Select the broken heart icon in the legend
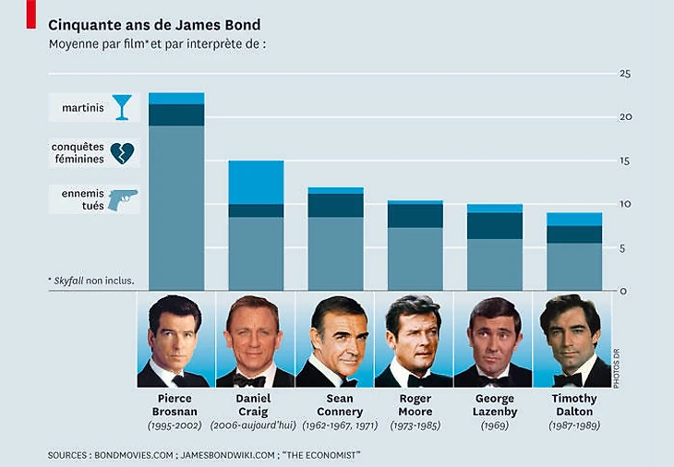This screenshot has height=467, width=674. [122, 153]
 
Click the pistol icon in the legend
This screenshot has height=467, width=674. [122, 199]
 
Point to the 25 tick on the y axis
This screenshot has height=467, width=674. [624, 74]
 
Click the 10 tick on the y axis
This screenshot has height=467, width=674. [624, 204]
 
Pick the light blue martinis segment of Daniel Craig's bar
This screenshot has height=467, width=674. [256, 182]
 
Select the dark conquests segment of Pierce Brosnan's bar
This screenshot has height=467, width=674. [176, 114]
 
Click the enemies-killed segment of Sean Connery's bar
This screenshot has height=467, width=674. [335, 253]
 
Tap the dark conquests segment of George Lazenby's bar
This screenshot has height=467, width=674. [494, 225]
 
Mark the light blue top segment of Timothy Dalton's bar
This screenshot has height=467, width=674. [573, 219]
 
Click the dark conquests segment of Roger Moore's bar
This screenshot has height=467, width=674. [415, 215]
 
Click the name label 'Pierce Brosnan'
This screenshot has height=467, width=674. [176, 404]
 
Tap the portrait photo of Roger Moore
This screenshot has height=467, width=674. [415, 340]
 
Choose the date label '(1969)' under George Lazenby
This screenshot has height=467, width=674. [494, 425]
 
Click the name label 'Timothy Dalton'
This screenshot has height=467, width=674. [573, 404]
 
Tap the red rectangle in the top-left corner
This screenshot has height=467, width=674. [30, 13]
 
